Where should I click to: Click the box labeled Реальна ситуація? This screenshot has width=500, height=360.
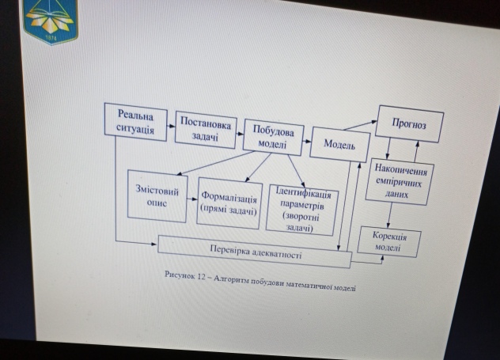(x=136, y=123)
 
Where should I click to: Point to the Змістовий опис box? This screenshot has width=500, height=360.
(x=157, y=195)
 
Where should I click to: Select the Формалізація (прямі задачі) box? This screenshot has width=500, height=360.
(x=229, y=203)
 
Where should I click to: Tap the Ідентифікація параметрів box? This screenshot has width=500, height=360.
(x=301, y=210)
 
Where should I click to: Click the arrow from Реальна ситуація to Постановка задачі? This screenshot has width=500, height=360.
(x=170, y=127)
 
